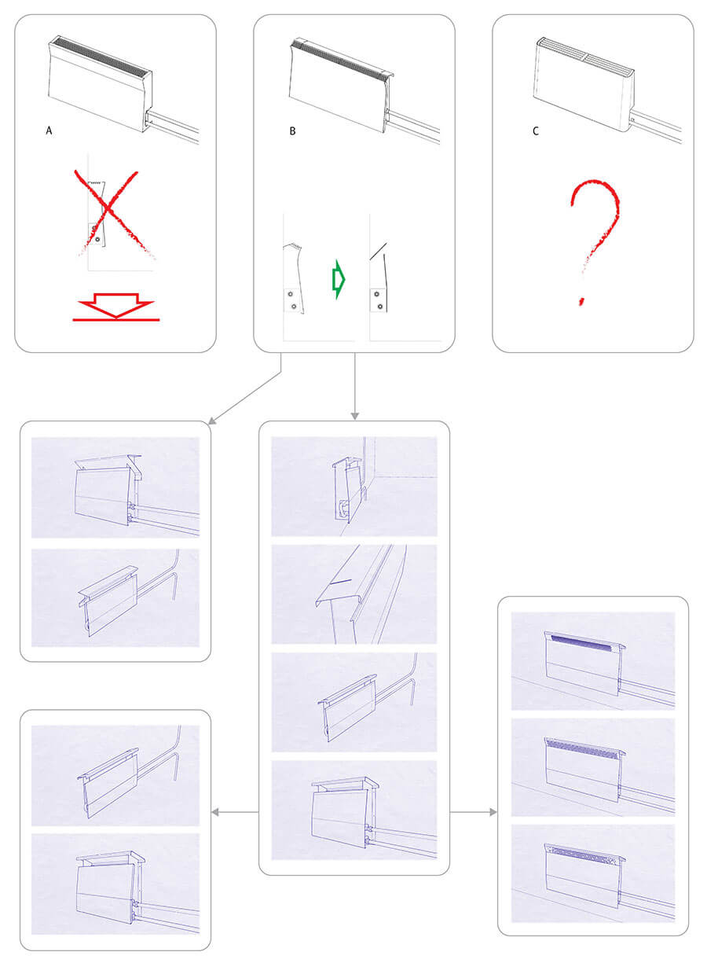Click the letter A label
(49, 130)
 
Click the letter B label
(292, 130)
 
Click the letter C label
(535, 130)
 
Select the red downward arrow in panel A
(116, 307)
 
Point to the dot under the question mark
(581, 302)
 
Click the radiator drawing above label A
(123, 89)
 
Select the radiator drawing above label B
(364, 90)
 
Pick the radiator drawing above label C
(606, 89)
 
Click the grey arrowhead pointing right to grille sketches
(493, 812)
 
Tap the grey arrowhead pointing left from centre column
(215, 812)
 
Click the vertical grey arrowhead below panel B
(354, 417)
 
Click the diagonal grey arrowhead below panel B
(212, 421)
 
